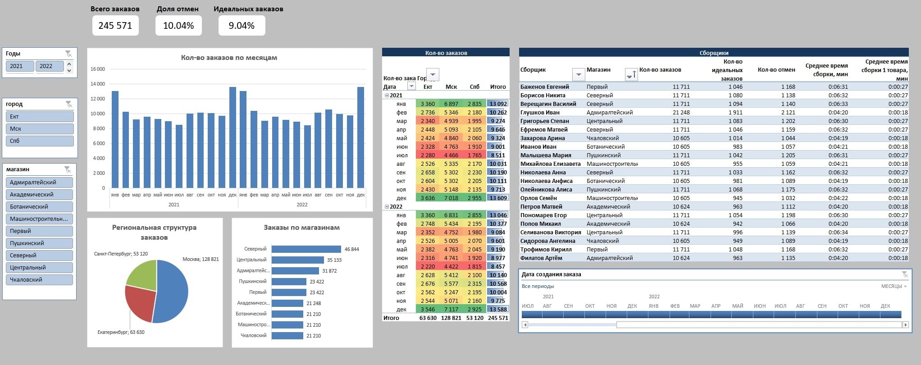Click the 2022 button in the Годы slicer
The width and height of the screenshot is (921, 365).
coord(49,66)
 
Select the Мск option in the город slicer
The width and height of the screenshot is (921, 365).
coord(40,129)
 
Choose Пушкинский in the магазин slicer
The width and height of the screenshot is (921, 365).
coord(40,243)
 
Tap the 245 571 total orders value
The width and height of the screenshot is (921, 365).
coord(115,26)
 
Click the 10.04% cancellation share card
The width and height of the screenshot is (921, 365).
coord(178,26)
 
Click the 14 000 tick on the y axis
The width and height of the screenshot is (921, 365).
coord(98,84)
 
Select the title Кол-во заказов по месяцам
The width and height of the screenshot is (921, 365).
coord(229,58)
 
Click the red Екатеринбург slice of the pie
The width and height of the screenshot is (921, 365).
coord(138,302)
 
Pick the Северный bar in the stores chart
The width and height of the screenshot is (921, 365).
coord(306,249)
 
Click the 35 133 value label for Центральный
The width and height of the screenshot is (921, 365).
coord(334,260)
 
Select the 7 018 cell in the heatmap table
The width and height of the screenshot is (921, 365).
coord(451,198)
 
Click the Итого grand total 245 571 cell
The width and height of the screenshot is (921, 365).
coord(498,318)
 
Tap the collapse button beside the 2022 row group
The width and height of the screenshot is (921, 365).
coord(387,207)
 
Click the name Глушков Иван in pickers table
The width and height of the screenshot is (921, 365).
coord(540,113)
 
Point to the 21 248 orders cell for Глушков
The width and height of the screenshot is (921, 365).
coord(681,113)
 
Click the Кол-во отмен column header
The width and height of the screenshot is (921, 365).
coord(776,70)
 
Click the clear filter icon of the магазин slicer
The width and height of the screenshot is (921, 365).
coord(68,169)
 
